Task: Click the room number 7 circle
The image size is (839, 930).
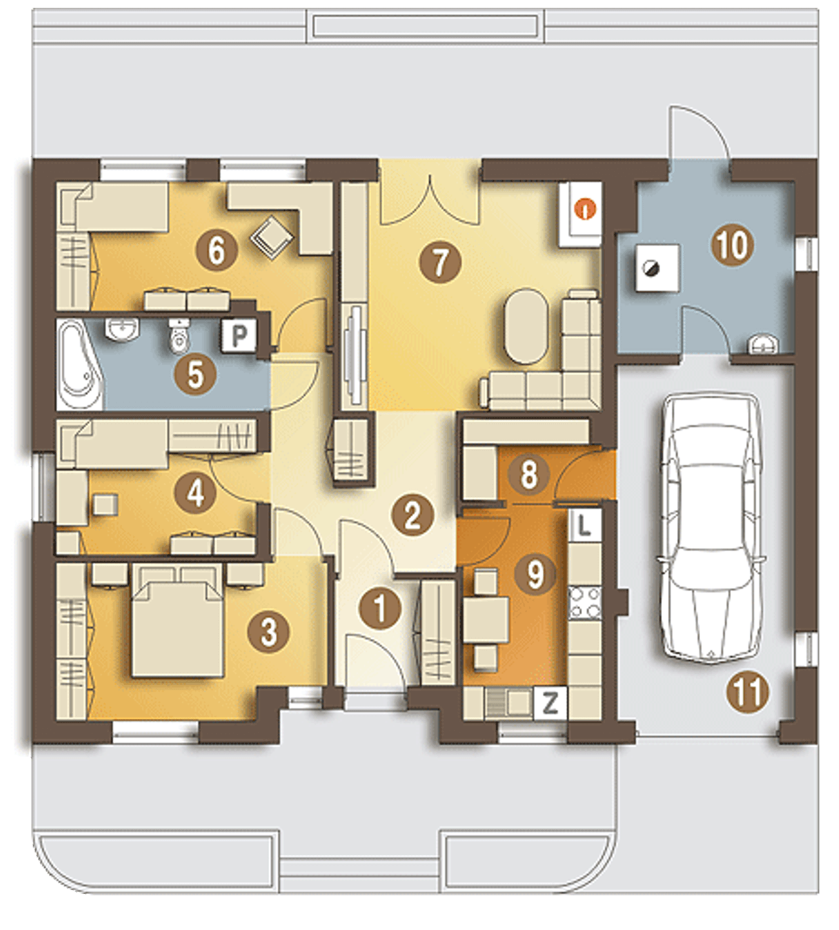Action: (440, 262)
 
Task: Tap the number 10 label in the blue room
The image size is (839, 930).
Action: (732, 244)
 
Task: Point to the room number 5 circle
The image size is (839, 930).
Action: (195, 374)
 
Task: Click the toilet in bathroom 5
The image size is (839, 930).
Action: (178, 336)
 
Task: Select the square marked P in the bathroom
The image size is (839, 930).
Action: (239, 335)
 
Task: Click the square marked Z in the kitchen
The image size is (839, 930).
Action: (550, 705)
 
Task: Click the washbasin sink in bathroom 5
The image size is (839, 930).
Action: (123, 329)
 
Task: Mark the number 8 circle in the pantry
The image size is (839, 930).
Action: (529, 475)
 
